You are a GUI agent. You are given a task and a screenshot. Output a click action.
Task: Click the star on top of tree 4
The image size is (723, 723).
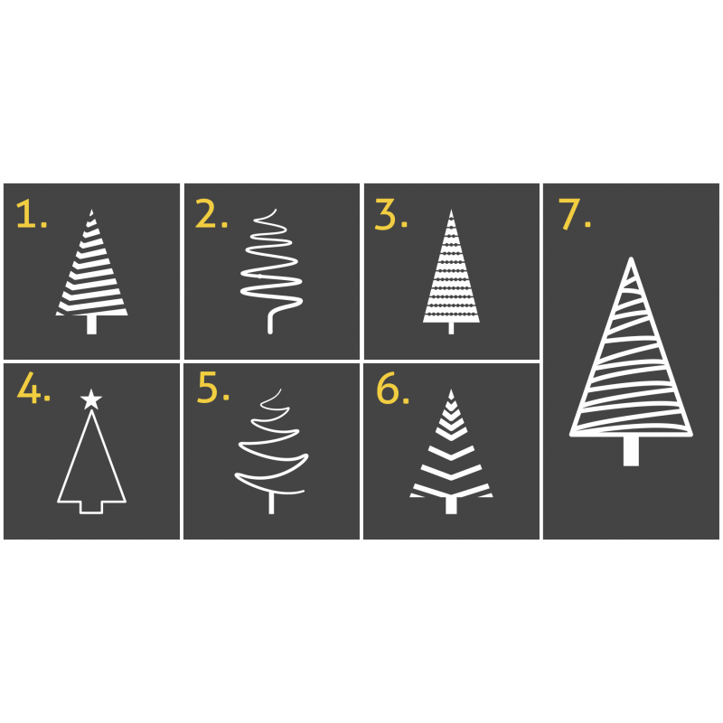tap(91, 399)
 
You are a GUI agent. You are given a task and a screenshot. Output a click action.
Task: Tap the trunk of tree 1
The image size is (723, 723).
tap(92, 324)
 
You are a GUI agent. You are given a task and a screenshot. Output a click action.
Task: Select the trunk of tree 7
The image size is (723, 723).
tap(631, 450)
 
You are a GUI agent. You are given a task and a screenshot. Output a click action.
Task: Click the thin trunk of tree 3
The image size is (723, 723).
tap(451, 328)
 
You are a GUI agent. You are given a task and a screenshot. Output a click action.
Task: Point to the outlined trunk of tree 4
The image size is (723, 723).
tap(91, 507)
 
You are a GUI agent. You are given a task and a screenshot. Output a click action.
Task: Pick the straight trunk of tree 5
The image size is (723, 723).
tap(272, 503)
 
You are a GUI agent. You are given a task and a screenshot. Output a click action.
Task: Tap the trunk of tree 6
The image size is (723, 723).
tap(451, 505)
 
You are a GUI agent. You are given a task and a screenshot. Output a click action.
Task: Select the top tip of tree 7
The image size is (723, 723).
tap(631, 259)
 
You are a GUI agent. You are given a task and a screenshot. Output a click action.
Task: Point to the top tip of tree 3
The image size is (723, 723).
tap(451, 211)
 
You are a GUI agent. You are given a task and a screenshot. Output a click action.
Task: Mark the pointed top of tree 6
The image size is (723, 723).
tap(451, 390)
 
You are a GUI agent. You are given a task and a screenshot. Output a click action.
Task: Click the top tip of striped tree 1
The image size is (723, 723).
tap(91, 211)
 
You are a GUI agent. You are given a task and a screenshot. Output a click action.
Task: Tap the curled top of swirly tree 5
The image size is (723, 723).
tap(273, 399)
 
